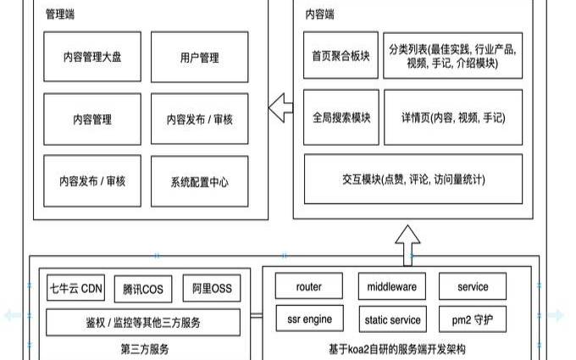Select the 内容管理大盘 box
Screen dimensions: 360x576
tap(91, 58)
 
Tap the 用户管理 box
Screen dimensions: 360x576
tap(200, 58)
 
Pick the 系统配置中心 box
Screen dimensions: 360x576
tap(200, 181)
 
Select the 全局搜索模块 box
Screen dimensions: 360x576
tap(341, 118)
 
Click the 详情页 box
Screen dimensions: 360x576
tap(450, 118)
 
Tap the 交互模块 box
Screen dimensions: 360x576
tap(413, 179)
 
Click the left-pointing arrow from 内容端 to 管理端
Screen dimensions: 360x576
tap(280, 107)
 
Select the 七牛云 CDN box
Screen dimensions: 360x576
tap(75, 288)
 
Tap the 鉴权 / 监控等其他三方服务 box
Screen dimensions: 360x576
tap(143, 322)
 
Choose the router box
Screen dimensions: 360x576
tap(309, 287)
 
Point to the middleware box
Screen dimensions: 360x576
tap(391, 287)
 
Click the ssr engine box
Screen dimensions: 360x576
tap(309, 319)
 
